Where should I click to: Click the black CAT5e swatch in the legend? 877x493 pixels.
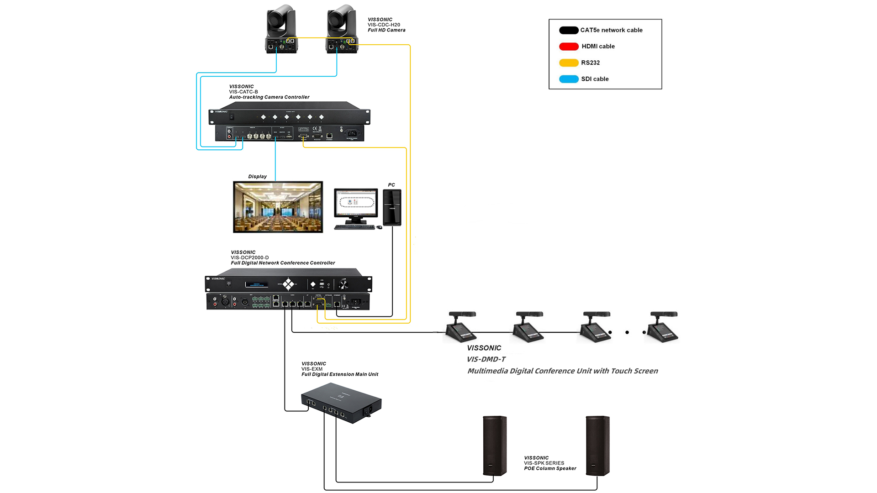point(569,31)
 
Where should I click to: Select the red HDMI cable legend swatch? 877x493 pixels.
point(569,47)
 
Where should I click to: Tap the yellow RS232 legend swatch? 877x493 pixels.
point(569,63)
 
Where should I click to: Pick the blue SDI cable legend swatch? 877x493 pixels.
point(569,79)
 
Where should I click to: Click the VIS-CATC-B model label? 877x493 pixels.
point(243,92)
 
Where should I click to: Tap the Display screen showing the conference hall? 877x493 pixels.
point(278,207)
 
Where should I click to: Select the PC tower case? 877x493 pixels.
point(392,208)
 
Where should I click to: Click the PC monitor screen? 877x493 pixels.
point(356,204)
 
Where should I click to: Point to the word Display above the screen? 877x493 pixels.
point(257,177)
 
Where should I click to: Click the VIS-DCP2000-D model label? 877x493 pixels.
point(249,257)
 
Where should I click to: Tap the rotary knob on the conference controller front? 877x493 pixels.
point(343,285)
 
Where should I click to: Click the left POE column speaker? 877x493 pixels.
point(495,446)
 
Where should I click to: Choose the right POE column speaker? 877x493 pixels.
point(597,446)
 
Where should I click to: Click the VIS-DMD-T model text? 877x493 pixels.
point(486,359)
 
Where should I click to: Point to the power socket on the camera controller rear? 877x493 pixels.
point(352,134)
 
